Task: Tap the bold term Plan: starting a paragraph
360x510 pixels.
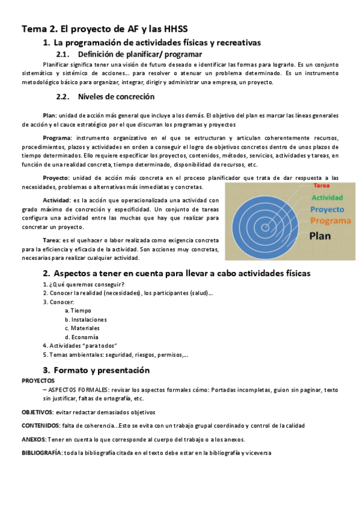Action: tap(50, 115)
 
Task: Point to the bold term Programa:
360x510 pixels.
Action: tap(57, 138)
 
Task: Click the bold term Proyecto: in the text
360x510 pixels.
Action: tap(56, 178)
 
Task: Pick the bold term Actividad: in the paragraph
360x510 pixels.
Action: tap(58, 200)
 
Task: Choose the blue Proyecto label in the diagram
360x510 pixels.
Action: tap(327, 209)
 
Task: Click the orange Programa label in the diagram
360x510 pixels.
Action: tap(331, 221)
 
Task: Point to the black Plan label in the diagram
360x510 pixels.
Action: tap(320, 236)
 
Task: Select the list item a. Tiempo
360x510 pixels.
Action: tap(78, 310)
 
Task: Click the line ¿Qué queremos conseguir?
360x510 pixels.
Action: tap(84, 284)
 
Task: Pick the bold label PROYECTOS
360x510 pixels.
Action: tap(38, 381)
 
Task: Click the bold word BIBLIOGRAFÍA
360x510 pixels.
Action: tap(41, 453)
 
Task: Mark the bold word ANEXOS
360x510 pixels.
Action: tap(34, 438)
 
